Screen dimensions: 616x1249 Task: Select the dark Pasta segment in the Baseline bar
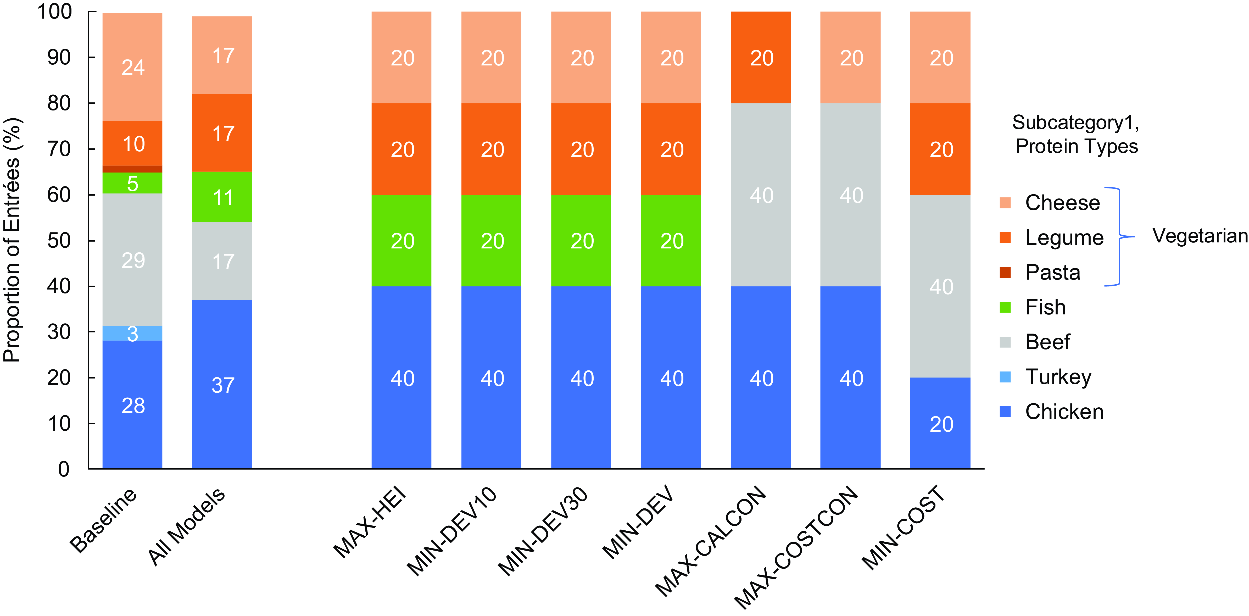coord(132,169)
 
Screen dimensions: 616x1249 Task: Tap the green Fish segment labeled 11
coord(222,197)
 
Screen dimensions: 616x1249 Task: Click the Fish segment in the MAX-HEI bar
coord(402,241)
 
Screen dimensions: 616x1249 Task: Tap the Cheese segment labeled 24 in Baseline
coord(132,67)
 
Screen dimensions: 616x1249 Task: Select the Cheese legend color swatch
coord(1005,203)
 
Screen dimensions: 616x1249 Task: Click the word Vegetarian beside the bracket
coord(1200,236)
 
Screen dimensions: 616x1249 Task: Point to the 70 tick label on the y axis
coord(59,149)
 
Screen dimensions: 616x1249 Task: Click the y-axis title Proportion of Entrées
coord(12,240)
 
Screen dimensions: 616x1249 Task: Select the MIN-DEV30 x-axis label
coord(543,531)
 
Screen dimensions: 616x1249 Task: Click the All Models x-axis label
coord(187,526)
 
